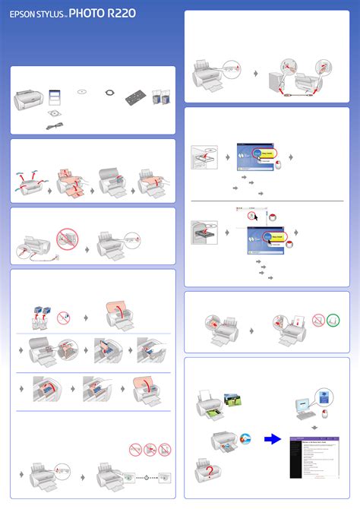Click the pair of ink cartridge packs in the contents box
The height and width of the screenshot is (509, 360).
click(160, 96)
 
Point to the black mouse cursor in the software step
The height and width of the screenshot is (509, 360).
click(254, 217)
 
